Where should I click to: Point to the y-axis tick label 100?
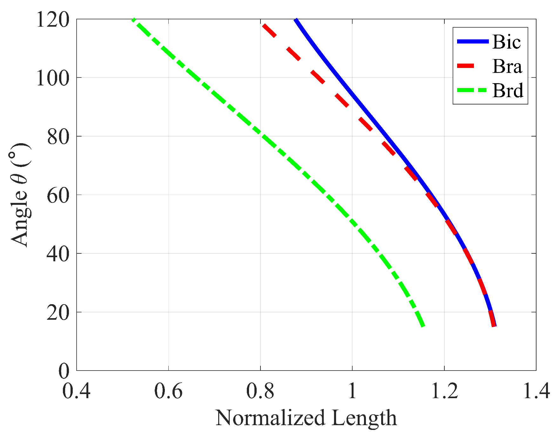(53, 78)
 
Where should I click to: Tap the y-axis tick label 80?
(58, 137)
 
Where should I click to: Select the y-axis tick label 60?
(58, 195)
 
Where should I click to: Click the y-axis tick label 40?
(58, 254)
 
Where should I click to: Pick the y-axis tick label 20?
(58, 313)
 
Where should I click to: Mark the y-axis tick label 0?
(64, 371)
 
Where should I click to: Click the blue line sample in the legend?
(472, 41)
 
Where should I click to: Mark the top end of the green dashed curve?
(133, 19)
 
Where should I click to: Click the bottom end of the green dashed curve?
(422, 326)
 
